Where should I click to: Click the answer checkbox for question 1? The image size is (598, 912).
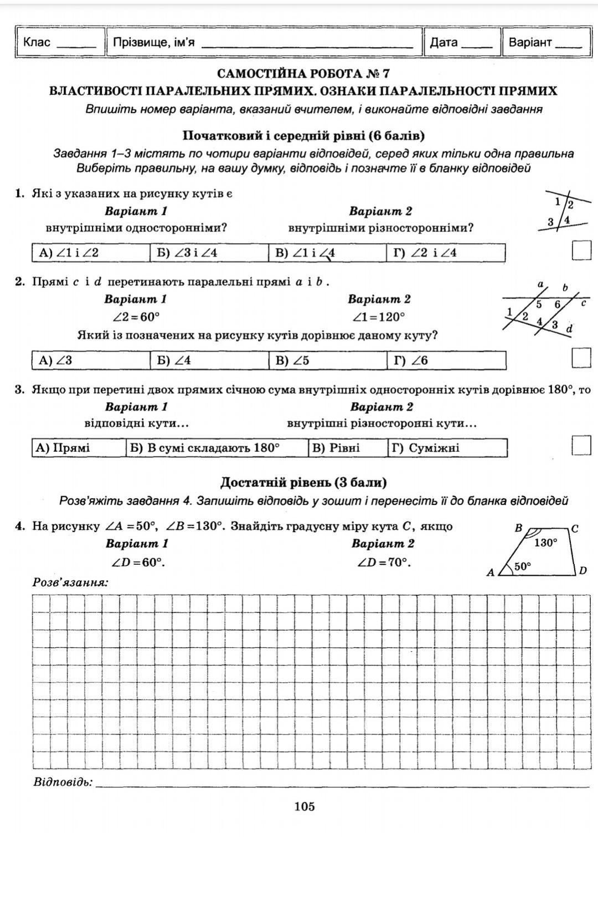[x=581, y=250]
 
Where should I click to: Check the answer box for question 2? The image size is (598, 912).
[x=581, y=358]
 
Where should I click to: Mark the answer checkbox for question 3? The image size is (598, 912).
[x=581, y=445]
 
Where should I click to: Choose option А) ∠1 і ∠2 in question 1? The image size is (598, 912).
[x=91, y=253]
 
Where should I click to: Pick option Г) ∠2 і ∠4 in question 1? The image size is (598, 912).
[x=445, y=253]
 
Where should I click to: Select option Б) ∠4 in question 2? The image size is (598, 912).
[x=209, y=360]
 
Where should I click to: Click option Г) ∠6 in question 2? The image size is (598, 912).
[x=446, y=360]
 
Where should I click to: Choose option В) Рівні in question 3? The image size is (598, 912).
[x=347, y=448]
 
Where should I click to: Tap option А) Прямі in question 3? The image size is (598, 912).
[x=79, y=448]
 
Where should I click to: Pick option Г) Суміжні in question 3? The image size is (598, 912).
[x=447, y=448]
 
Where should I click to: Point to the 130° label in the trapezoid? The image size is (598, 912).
[x=545, y=543]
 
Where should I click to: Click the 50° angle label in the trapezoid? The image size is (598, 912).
[x=523, y=566]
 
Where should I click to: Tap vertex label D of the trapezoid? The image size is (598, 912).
[x=582, y=570]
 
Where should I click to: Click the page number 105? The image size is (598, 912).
[x=305, y=806]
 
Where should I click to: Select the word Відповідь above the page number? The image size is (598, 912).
[x=63, y=782]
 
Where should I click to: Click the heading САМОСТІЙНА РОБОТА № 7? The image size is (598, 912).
[x=303, y=74]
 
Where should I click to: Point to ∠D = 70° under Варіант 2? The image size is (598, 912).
[x=384, y=563]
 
